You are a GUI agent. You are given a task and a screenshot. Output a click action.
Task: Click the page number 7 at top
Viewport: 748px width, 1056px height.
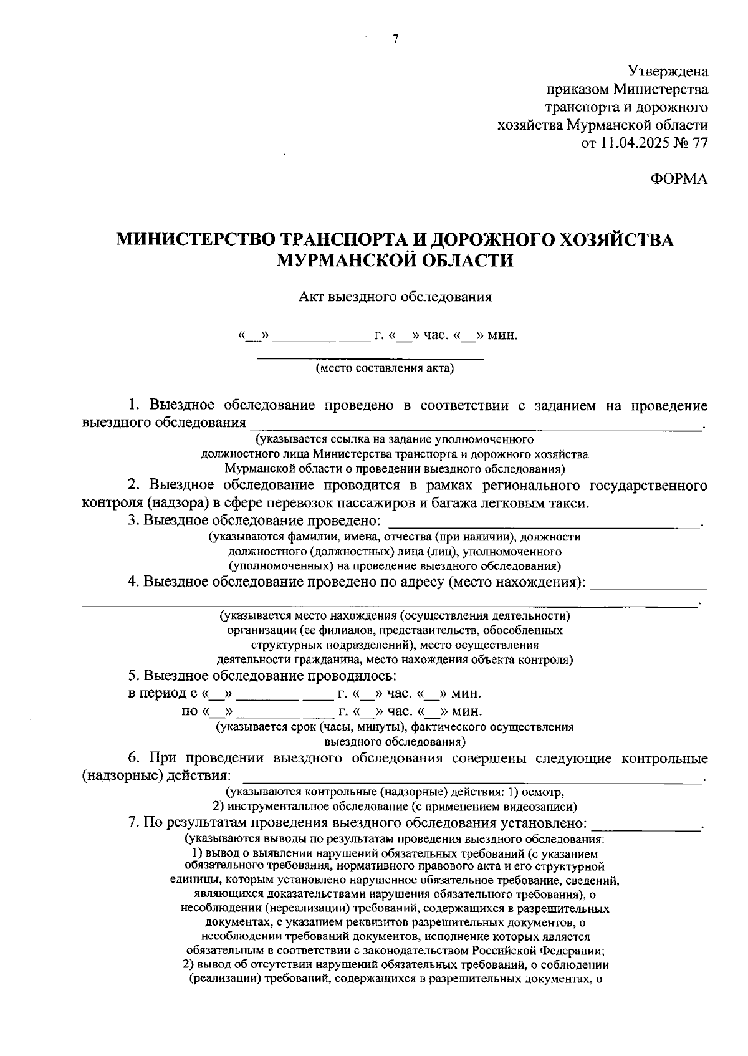395,39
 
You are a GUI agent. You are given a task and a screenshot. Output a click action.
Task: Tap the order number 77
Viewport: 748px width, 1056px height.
699,143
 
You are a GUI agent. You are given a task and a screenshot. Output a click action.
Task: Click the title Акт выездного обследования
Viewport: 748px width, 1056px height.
395,297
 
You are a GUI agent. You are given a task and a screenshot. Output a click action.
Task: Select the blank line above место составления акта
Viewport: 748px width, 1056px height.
371,358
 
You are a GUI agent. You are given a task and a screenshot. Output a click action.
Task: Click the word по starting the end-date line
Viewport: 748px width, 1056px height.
189,711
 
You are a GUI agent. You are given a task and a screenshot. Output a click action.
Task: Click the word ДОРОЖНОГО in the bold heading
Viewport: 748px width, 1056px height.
479,239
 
